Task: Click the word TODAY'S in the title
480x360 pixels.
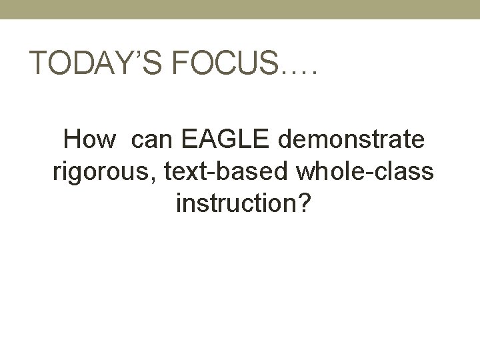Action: point(94,65)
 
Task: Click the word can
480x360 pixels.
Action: point(152,142)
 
